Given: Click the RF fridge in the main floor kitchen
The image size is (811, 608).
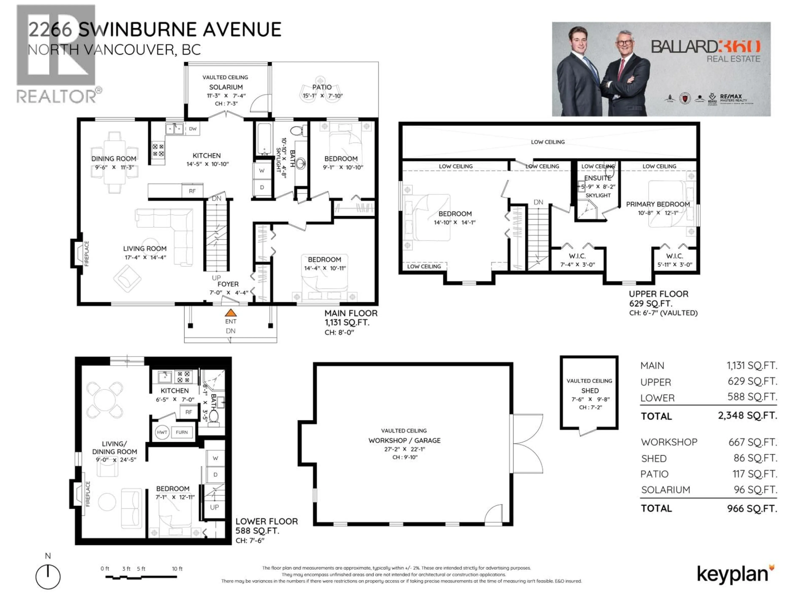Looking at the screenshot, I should [192, 191].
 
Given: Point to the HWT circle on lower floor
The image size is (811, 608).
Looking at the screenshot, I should [162, 432].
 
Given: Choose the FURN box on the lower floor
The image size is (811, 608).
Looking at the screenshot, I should [182, 432].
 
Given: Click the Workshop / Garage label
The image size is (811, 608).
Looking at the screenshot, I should [404, 440].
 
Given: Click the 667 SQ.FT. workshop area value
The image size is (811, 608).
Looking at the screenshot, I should [752, 442].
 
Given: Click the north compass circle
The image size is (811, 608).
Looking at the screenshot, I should [48, 577].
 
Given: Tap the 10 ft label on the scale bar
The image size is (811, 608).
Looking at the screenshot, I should [177, 569].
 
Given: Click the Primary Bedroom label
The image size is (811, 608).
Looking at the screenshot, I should [658, 204].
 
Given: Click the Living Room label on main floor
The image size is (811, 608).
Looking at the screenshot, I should [145, 248].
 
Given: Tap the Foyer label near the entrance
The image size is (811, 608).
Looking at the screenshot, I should [228, 284].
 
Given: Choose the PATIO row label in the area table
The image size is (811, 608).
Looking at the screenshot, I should [655, 474].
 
